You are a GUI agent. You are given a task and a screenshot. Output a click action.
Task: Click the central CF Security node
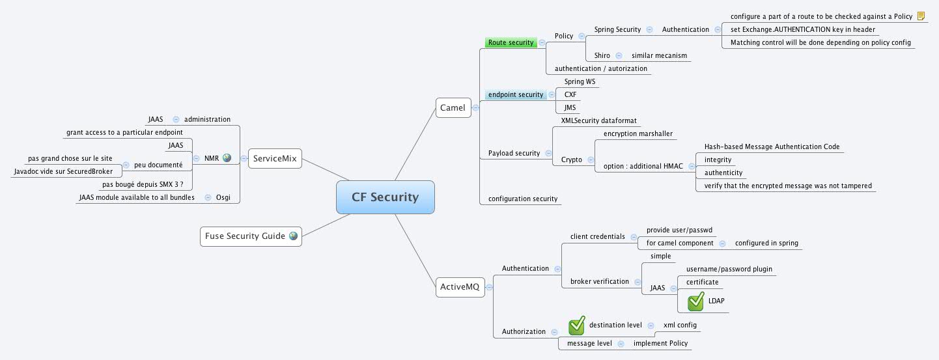385,197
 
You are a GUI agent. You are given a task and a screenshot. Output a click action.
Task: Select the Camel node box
453,107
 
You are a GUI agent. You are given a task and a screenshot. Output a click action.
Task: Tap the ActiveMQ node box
459,287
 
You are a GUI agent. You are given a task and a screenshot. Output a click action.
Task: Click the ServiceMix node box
275,158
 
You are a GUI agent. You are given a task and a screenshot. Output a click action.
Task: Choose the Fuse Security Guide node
251,236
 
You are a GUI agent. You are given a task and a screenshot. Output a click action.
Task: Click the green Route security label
511,43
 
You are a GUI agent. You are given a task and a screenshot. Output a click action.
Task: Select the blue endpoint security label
515,95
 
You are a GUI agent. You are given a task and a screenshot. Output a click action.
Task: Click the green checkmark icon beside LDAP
695,301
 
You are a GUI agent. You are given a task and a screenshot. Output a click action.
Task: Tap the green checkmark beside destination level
576,325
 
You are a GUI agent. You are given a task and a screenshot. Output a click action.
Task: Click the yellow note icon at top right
921,16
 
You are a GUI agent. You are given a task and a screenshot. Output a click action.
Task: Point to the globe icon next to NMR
227,158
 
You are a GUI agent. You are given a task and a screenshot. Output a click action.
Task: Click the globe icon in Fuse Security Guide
293,236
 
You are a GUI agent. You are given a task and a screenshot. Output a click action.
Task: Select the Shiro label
602,56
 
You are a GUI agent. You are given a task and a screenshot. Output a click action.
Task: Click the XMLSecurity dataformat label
598,121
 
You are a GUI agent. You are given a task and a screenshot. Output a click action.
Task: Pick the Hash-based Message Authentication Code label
772,147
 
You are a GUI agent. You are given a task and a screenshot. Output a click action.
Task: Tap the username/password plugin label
729,269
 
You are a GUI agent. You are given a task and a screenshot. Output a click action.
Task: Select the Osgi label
223,197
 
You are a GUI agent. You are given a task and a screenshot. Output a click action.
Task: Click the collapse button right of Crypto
590,160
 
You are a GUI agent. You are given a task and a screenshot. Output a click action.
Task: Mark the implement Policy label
660,344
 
